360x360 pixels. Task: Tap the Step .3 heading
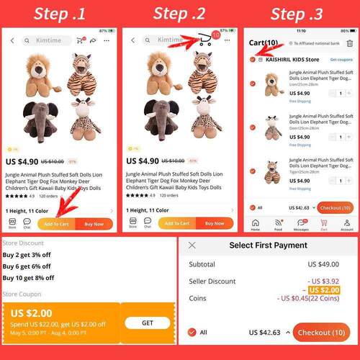301,14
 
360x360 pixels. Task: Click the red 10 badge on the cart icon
215,35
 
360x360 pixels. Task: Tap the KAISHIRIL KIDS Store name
291,59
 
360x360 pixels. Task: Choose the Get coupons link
341,59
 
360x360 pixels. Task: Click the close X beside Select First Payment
192,246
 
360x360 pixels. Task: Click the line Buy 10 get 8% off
28,277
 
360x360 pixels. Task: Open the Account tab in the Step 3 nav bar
347,225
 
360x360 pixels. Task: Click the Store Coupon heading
24,294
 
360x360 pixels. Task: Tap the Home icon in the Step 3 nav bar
255,225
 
